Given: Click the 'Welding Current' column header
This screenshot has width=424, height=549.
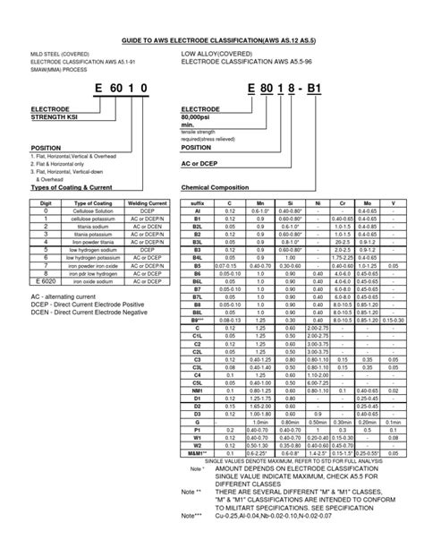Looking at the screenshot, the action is [150, 203].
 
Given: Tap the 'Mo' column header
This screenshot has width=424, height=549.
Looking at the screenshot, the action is [366, 203].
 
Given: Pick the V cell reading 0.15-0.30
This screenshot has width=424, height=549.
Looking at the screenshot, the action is [393, 320].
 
